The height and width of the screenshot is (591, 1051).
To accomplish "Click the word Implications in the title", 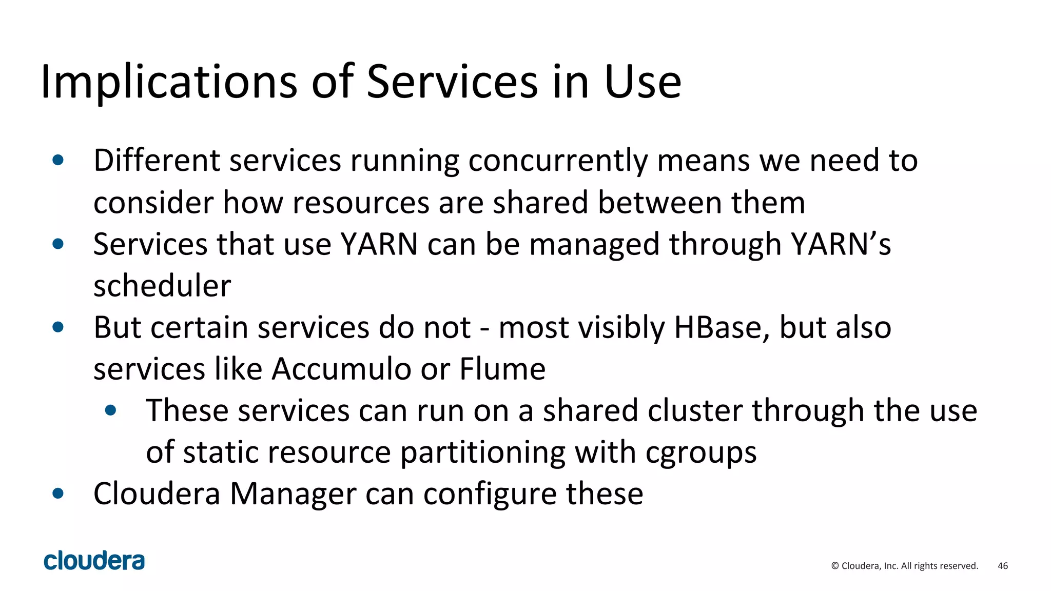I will [169, 82].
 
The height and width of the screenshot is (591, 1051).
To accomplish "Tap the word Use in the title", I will [643, 82].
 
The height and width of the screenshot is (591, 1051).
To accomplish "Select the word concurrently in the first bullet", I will [558, 161].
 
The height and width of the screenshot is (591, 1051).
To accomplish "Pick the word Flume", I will [502, 369].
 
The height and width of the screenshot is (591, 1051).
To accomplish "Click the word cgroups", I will [700, 452].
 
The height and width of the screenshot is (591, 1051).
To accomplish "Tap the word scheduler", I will [162, 286].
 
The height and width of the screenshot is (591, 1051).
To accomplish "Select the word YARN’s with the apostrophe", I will [841, 244].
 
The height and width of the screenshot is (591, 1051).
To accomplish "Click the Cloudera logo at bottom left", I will [94, 561].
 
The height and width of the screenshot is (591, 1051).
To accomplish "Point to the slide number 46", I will [1003, 566].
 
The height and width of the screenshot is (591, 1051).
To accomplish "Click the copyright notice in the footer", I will [905, 566].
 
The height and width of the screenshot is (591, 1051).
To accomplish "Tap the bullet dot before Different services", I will [58, 160].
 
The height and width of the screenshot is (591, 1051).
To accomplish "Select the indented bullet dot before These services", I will [110, 410].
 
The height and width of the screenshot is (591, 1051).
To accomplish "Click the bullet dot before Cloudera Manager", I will [58, 494].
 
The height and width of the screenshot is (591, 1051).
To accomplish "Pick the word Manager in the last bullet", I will [293, 494].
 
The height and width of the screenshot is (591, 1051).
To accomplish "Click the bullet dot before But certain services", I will [58, 327].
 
